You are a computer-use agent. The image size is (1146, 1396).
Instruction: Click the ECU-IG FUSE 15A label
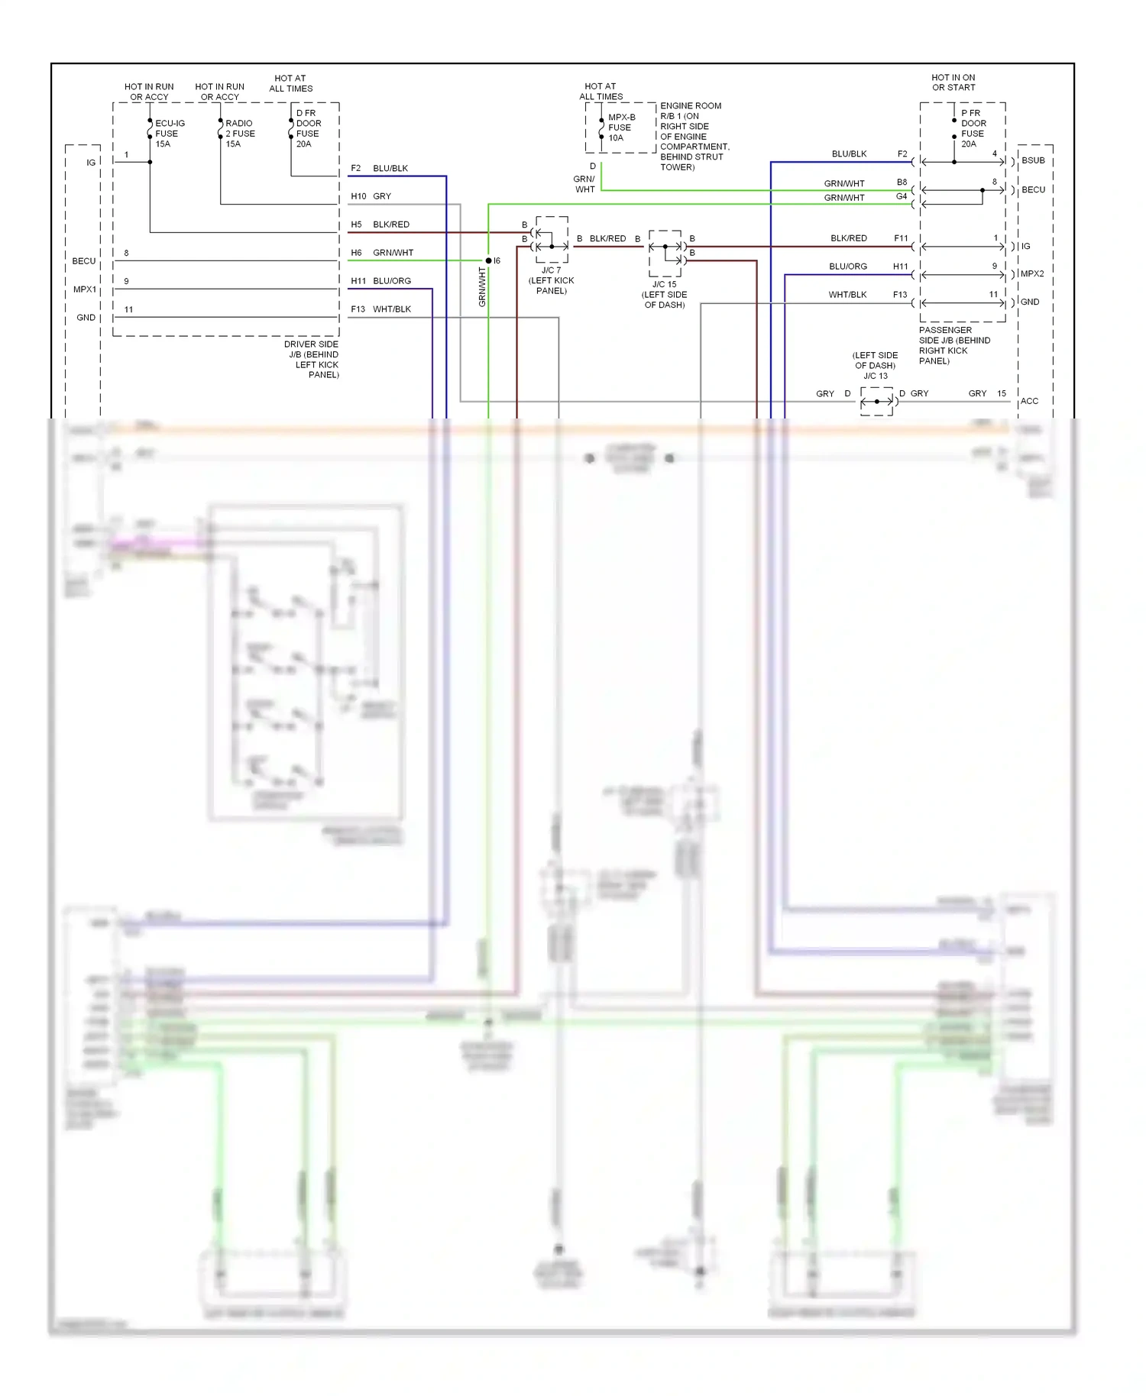pyautogui.click(x=169, y=134)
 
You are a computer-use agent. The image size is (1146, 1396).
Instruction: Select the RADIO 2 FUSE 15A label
pyautogui.click(x=239, y=134)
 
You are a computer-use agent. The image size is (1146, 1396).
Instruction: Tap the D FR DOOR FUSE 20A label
pyautogui.click(x=308, y=128)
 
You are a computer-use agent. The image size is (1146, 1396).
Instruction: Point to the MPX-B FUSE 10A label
pyautogui.click(x=620, y=128)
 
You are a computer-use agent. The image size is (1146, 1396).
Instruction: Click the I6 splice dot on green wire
pyautogui.click(x=489, y=260)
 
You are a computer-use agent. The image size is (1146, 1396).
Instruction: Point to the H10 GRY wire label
pyautogui.click(x=371, y=196)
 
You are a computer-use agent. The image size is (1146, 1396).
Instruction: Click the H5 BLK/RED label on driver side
pyautogui.click(x=380, y=225)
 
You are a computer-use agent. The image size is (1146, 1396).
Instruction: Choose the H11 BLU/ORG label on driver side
pyautogui.click(x=381, y=281)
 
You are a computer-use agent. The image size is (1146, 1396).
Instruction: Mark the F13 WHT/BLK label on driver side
pyautogui.click(x=381, y=309)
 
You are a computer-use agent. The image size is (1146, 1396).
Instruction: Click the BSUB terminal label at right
pyautogui.click(x=1033, y=160)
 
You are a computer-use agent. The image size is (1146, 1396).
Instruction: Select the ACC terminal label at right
pyautogui.click(x=1029, y=401)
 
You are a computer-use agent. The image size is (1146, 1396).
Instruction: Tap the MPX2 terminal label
pyautogui.click(x=1031, y=273)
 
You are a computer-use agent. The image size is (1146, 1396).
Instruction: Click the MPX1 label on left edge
pyautogui.click(x=85, y=289)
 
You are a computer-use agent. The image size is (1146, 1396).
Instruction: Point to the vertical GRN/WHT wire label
pyautogui.click(x=482, y=287)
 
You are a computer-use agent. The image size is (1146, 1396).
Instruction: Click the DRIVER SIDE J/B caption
pyautogui.click(x=312, y=359)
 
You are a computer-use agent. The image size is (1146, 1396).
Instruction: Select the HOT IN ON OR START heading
pyautogui.click(x=953, y=82)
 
